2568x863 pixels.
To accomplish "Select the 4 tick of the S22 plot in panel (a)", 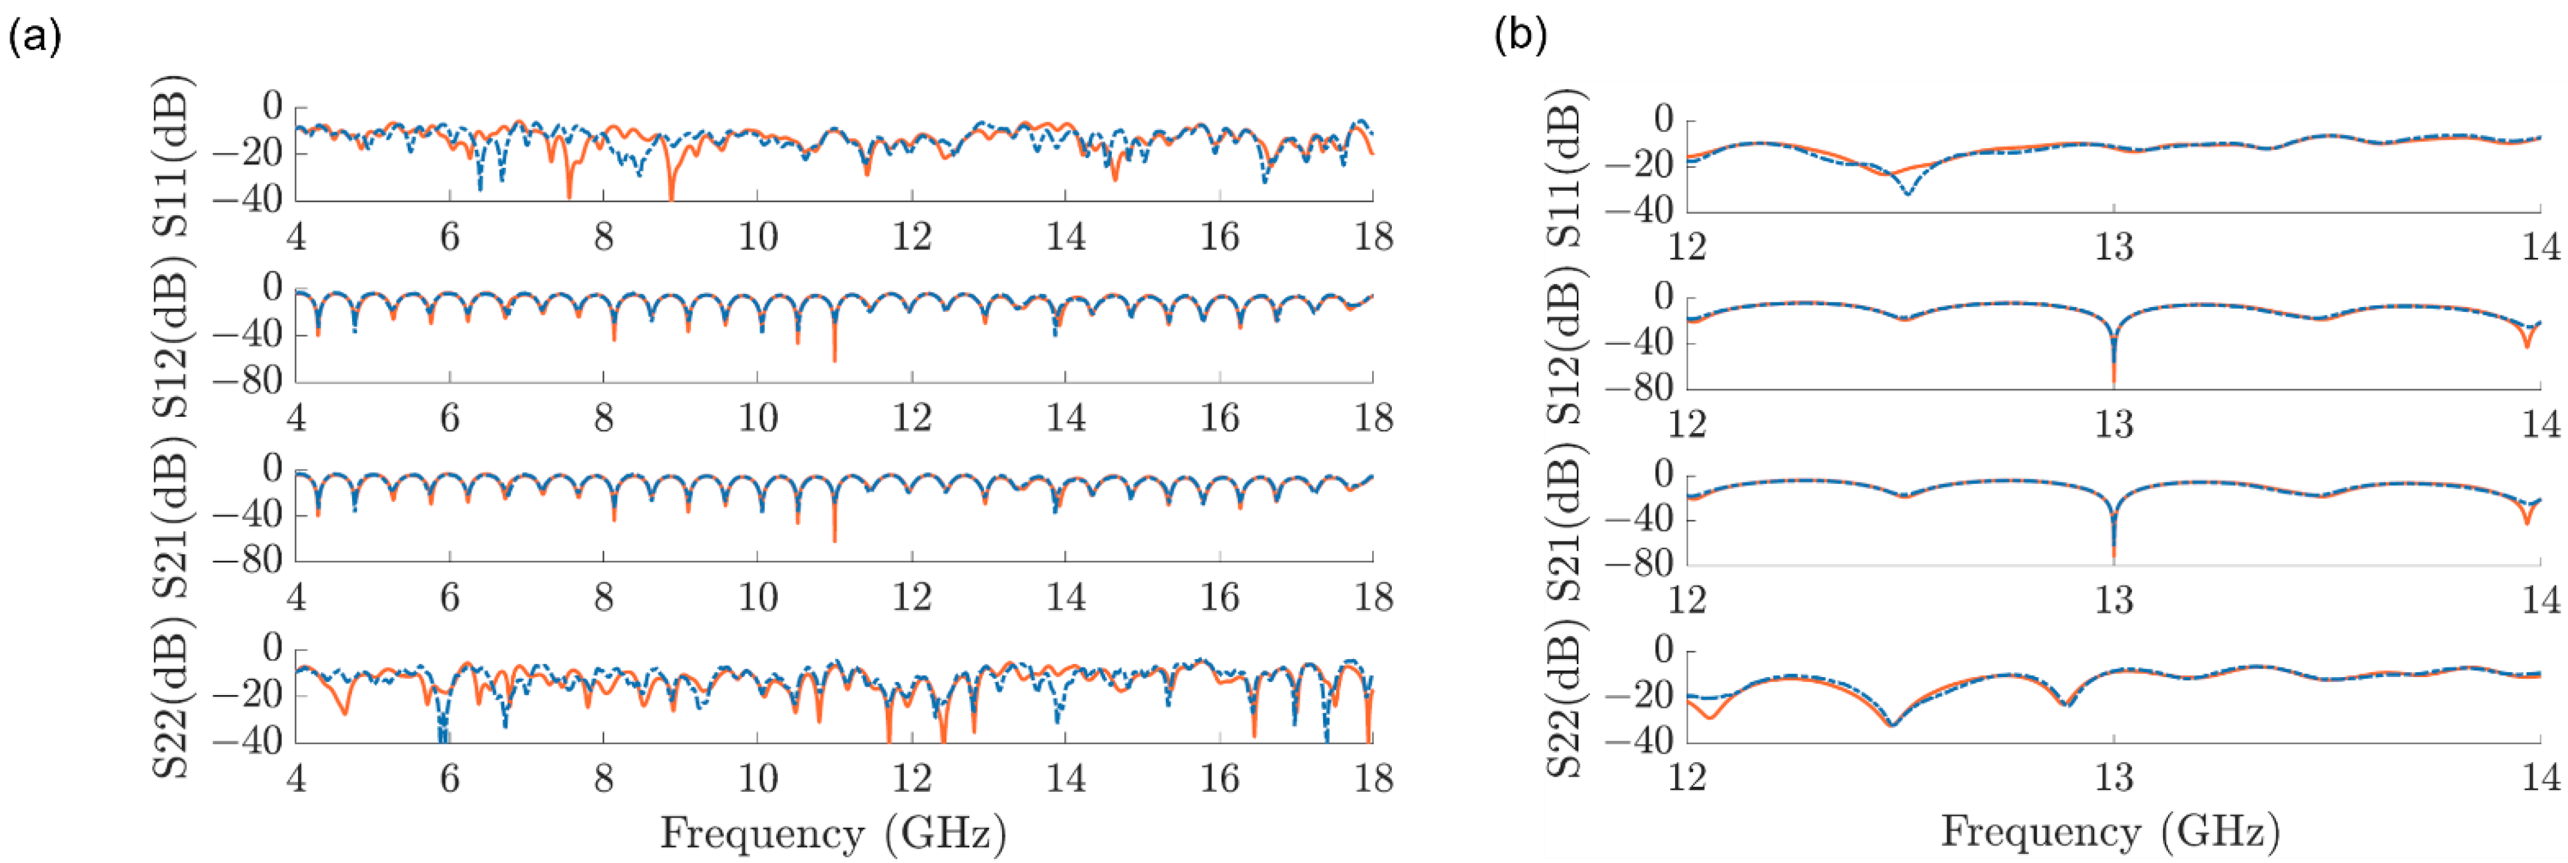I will (x=296, y=778).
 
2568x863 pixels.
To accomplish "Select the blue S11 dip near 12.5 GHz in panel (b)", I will (x=1907, y=193).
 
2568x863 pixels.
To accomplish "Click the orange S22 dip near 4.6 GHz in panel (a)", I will (x=345, y=711).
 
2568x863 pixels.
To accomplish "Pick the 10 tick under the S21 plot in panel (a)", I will (x=757, y=598).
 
